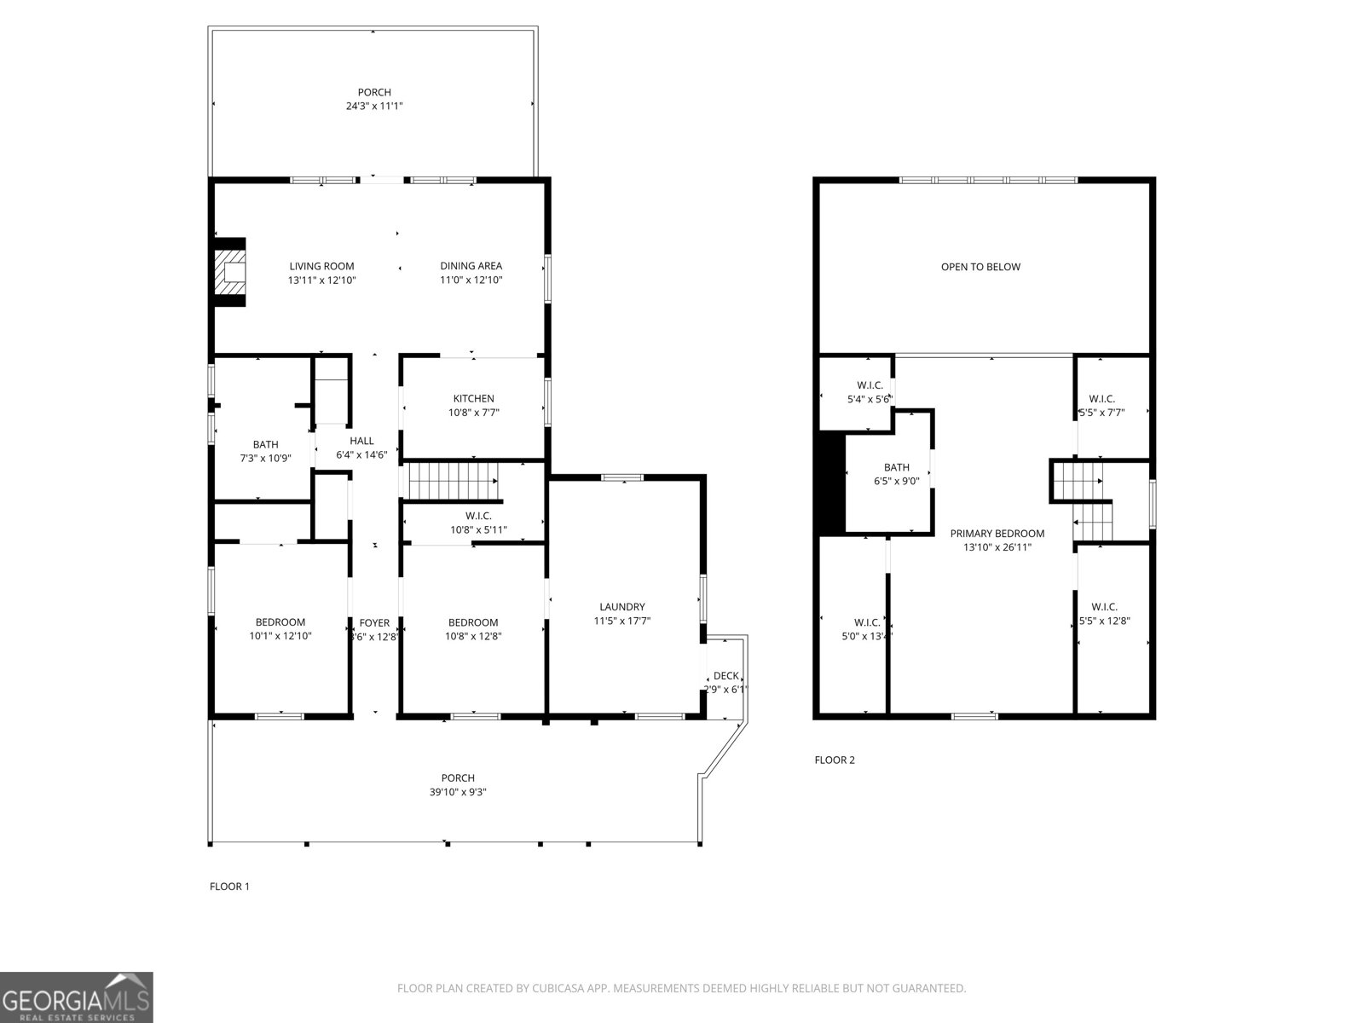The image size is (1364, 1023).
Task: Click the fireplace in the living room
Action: click(229, 272)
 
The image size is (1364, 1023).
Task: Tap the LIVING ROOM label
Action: click(321, 266)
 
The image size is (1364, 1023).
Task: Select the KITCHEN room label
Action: click(473, 398)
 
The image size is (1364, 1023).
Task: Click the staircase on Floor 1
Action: click(452, 480)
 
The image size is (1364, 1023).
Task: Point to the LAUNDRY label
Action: click(621, 607)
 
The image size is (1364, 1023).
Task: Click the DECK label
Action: click(726, 676)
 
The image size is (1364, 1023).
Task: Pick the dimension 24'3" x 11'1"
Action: click(374, 107)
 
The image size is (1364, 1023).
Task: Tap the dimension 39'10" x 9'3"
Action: click(458, 792)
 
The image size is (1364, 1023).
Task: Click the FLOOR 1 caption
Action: click(229, 887)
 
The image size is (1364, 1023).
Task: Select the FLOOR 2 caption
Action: click(835, 760)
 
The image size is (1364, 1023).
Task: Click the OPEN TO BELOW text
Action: click(980, 267)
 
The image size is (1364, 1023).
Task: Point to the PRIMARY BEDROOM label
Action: click(997, 534)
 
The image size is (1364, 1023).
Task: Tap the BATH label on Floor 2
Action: click(897, 467)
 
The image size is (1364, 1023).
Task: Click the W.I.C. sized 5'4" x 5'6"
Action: click(870, 399)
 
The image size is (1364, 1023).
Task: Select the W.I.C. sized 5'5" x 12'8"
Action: click(1104, 621)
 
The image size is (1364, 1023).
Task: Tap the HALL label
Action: click(361, 441)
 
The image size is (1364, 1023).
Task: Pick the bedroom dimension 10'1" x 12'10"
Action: click(280, 636)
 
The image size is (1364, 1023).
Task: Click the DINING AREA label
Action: click(471, 266)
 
